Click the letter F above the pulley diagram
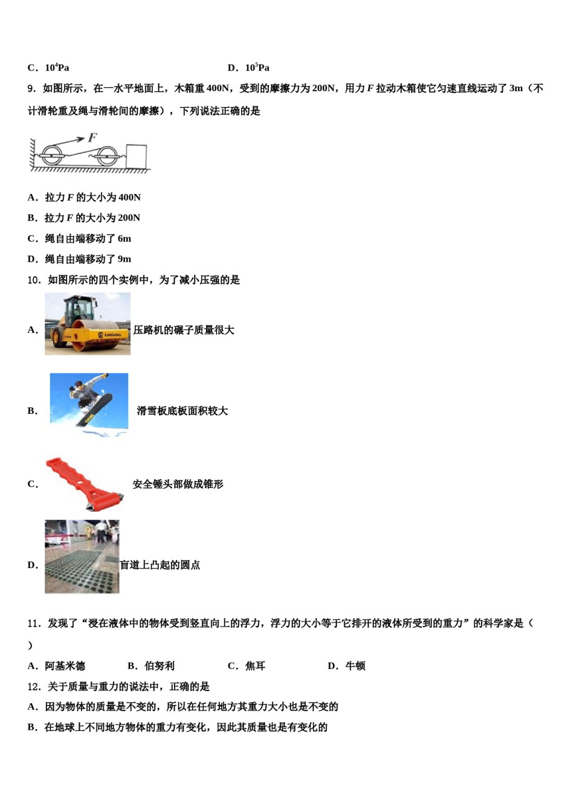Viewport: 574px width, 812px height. pyautogui.click(x=92, y=138)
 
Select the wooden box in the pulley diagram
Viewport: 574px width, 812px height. pyautogui.click(x=137, y=156)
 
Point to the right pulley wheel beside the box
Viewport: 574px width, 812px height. pyautogui.click(x=108, y=156)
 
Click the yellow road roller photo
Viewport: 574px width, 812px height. pyautogui.click(x=88, y=324)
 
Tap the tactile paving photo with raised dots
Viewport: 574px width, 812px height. pyautogui.click(x=82, y=556)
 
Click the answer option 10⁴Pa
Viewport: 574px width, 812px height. pyautogui.click(x=57, y=68)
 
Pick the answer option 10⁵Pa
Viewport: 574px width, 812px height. pyautogui.click(x=257, y=68)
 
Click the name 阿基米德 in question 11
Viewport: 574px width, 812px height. pyautogui.click(x=65, y=666)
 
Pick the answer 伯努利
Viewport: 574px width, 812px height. pyautogui.click(x=160, y=666)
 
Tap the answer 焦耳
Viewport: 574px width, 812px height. pyautogui.click(x=255, y=666)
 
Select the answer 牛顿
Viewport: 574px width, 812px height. pyautogui.click(x=355, y=666)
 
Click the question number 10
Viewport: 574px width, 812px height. pyautogui.click(x=34, y=280)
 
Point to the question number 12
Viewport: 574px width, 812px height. pyautogui.click(x=34, y=686)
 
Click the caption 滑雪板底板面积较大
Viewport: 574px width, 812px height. pyautogui.click(x=182, y=411)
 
